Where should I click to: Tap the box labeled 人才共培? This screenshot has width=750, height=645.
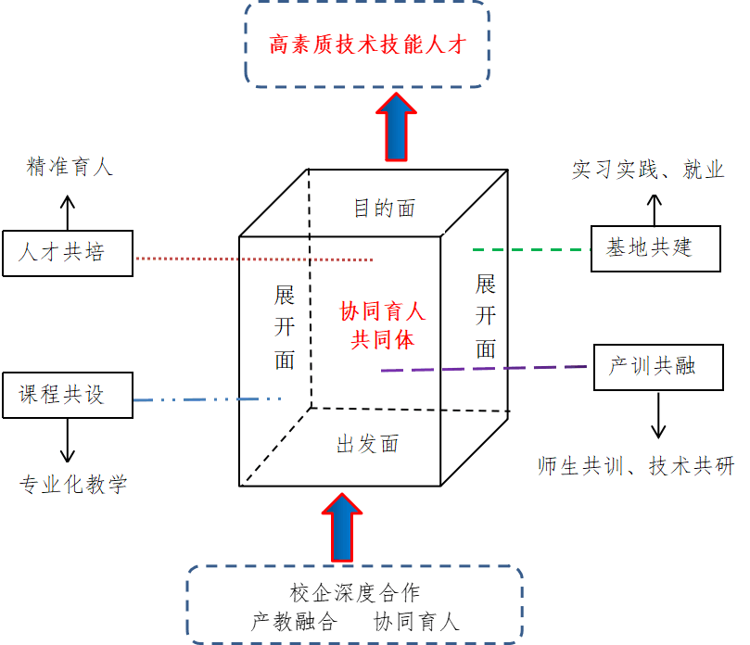pyautogui.click(x=67, y=251)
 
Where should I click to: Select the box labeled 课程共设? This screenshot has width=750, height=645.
pyautogui.click(x=67, y=395)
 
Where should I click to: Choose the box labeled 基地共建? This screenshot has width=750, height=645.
pyautogui.click(x=655, y=248)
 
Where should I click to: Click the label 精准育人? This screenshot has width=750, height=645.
pyautogui.click(x=70, y=167)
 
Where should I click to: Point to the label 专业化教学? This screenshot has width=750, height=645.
pyautogui.click(x=73, y=483)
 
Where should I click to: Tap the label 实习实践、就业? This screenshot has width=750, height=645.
pyautogui.click(x=648, y=170)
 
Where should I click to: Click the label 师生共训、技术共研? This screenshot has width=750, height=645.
pyautogui.click(x=636, y=466)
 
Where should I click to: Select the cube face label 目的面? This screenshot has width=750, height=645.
pyautogui.click(x=384, y=208)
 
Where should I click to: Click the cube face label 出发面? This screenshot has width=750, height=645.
pyautogui.click(x=367, y=444)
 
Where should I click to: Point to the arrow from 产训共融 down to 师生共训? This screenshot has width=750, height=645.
pyautogui.click(x=658, y=414)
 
